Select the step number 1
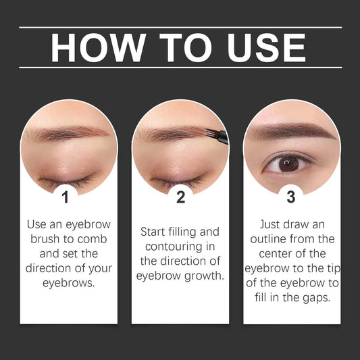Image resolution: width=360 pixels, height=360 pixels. [x=66, y=197]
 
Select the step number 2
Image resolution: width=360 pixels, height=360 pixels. [x=180, y=197]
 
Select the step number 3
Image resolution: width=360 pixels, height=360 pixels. [x=291, y=197]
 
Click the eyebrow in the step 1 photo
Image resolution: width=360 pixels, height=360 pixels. [x=64, y=133]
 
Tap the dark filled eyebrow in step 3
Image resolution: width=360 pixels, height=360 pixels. [x=290, y=132]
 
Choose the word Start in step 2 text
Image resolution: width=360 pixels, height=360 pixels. [x=154, y=232]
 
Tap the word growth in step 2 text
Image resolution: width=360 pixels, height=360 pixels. [x=204, y=276]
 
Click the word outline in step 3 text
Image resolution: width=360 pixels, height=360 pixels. [x=276, y=239]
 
